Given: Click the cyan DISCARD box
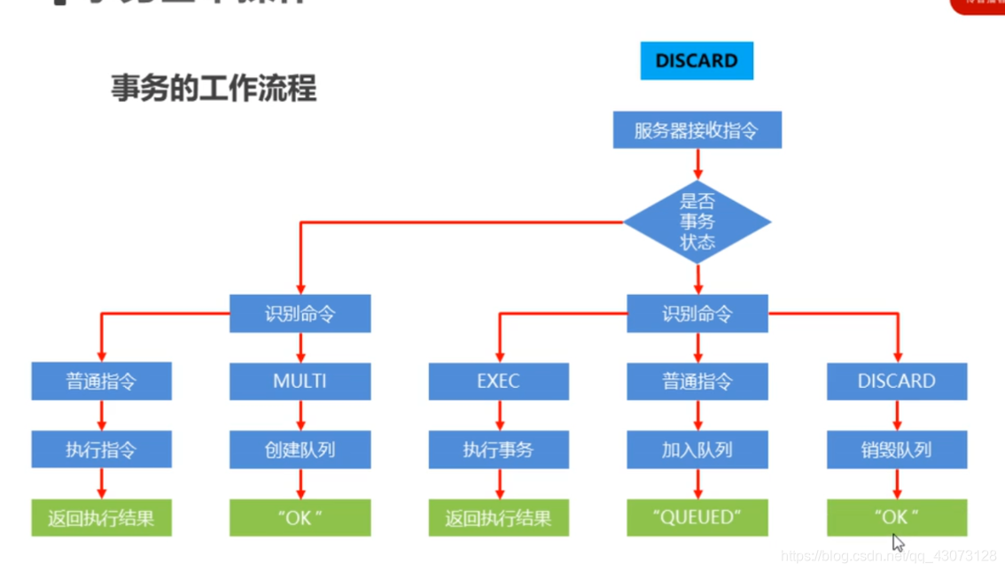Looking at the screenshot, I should coord(697,61).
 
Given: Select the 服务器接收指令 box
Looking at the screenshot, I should coord(697,130).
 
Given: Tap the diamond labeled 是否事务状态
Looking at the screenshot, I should coord(697,221).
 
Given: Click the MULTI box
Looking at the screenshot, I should coord(300,382).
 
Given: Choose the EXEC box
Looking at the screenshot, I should coord(498,382).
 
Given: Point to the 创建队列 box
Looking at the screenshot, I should coord(300,450).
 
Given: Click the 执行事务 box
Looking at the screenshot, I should coord(498,450).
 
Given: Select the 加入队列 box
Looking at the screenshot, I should coord(697,450).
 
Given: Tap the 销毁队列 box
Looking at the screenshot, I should coord(896,450).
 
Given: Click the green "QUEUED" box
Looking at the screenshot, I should coord(697,518).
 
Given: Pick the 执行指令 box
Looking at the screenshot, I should coord(101,450).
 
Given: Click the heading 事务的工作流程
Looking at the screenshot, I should coord(214,89).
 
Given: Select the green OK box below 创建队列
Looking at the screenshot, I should coord(300,518).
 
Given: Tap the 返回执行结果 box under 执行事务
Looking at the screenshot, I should coord(498,518).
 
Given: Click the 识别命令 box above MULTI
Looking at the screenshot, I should coord(300,313).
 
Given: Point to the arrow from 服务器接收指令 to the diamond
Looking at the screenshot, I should coord(697,164).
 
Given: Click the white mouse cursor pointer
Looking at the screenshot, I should coord(898,542).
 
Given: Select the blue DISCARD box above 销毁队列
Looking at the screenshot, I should coord(896,382).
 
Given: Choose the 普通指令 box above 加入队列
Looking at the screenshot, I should coord(697,382).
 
